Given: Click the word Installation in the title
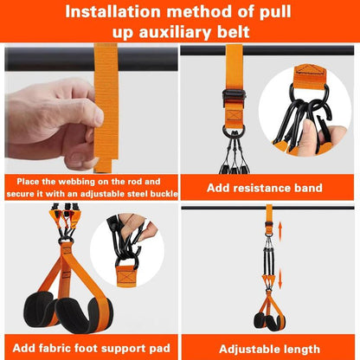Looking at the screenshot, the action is click(112, 12).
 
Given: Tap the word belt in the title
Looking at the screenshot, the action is click(233, 32).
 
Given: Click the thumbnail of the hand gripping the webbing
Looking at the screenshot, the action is click(91, 108).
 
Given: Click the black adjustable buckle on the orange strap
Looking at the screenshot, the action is click(234, 95).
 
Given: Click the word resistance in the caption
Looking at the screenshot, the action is click(261, 188).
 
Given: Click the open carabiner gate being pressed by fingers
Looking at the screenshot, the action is click(324, 129).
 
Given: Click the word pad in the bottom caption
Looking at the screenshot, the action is click(159, 349).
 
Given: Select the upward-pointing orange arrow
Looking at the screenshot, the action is click(280, 231).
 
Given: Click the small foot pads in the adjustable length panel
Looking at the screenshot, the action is click(269, 321).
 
